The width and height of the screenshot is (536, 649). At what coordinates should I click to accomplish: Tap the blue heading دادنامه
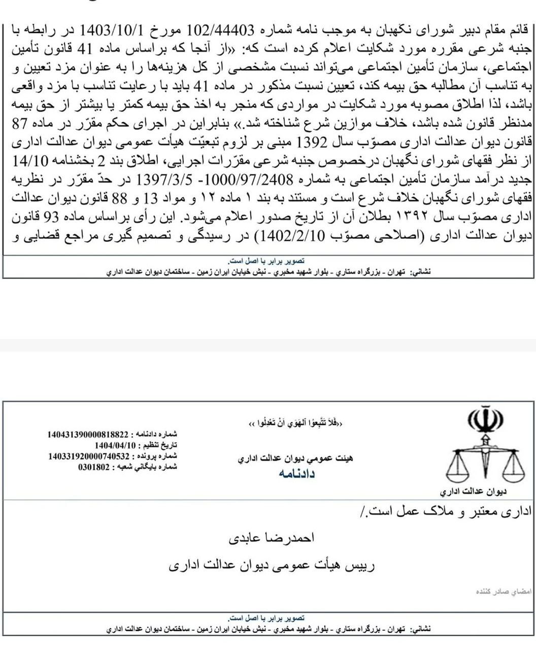click(296, 474)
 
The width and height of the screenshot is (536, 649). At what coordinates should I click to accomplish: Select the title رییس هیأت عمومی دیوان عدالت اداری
click(272, 566)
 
